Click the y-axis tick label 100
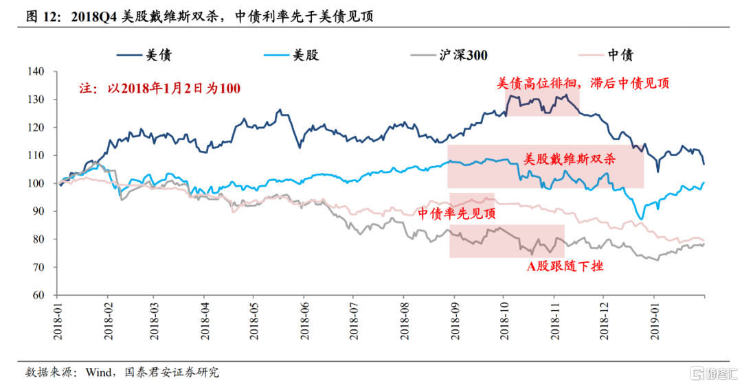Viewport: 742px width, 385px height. click(x=34, y=183)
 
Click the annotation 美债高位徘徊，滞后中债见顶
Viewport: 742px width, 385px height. click(x=583, y=83)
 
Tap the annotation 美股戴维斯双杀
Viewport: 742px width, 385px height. click(x=570, y=159)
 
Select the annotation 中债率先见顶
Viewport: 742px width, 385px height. click(x=456, y=213)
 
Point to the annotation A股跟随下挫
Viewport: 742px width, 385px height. click(x=565, y=266)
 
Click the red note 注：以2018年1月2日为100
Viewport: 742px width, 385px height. click(x=160, y=88)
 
